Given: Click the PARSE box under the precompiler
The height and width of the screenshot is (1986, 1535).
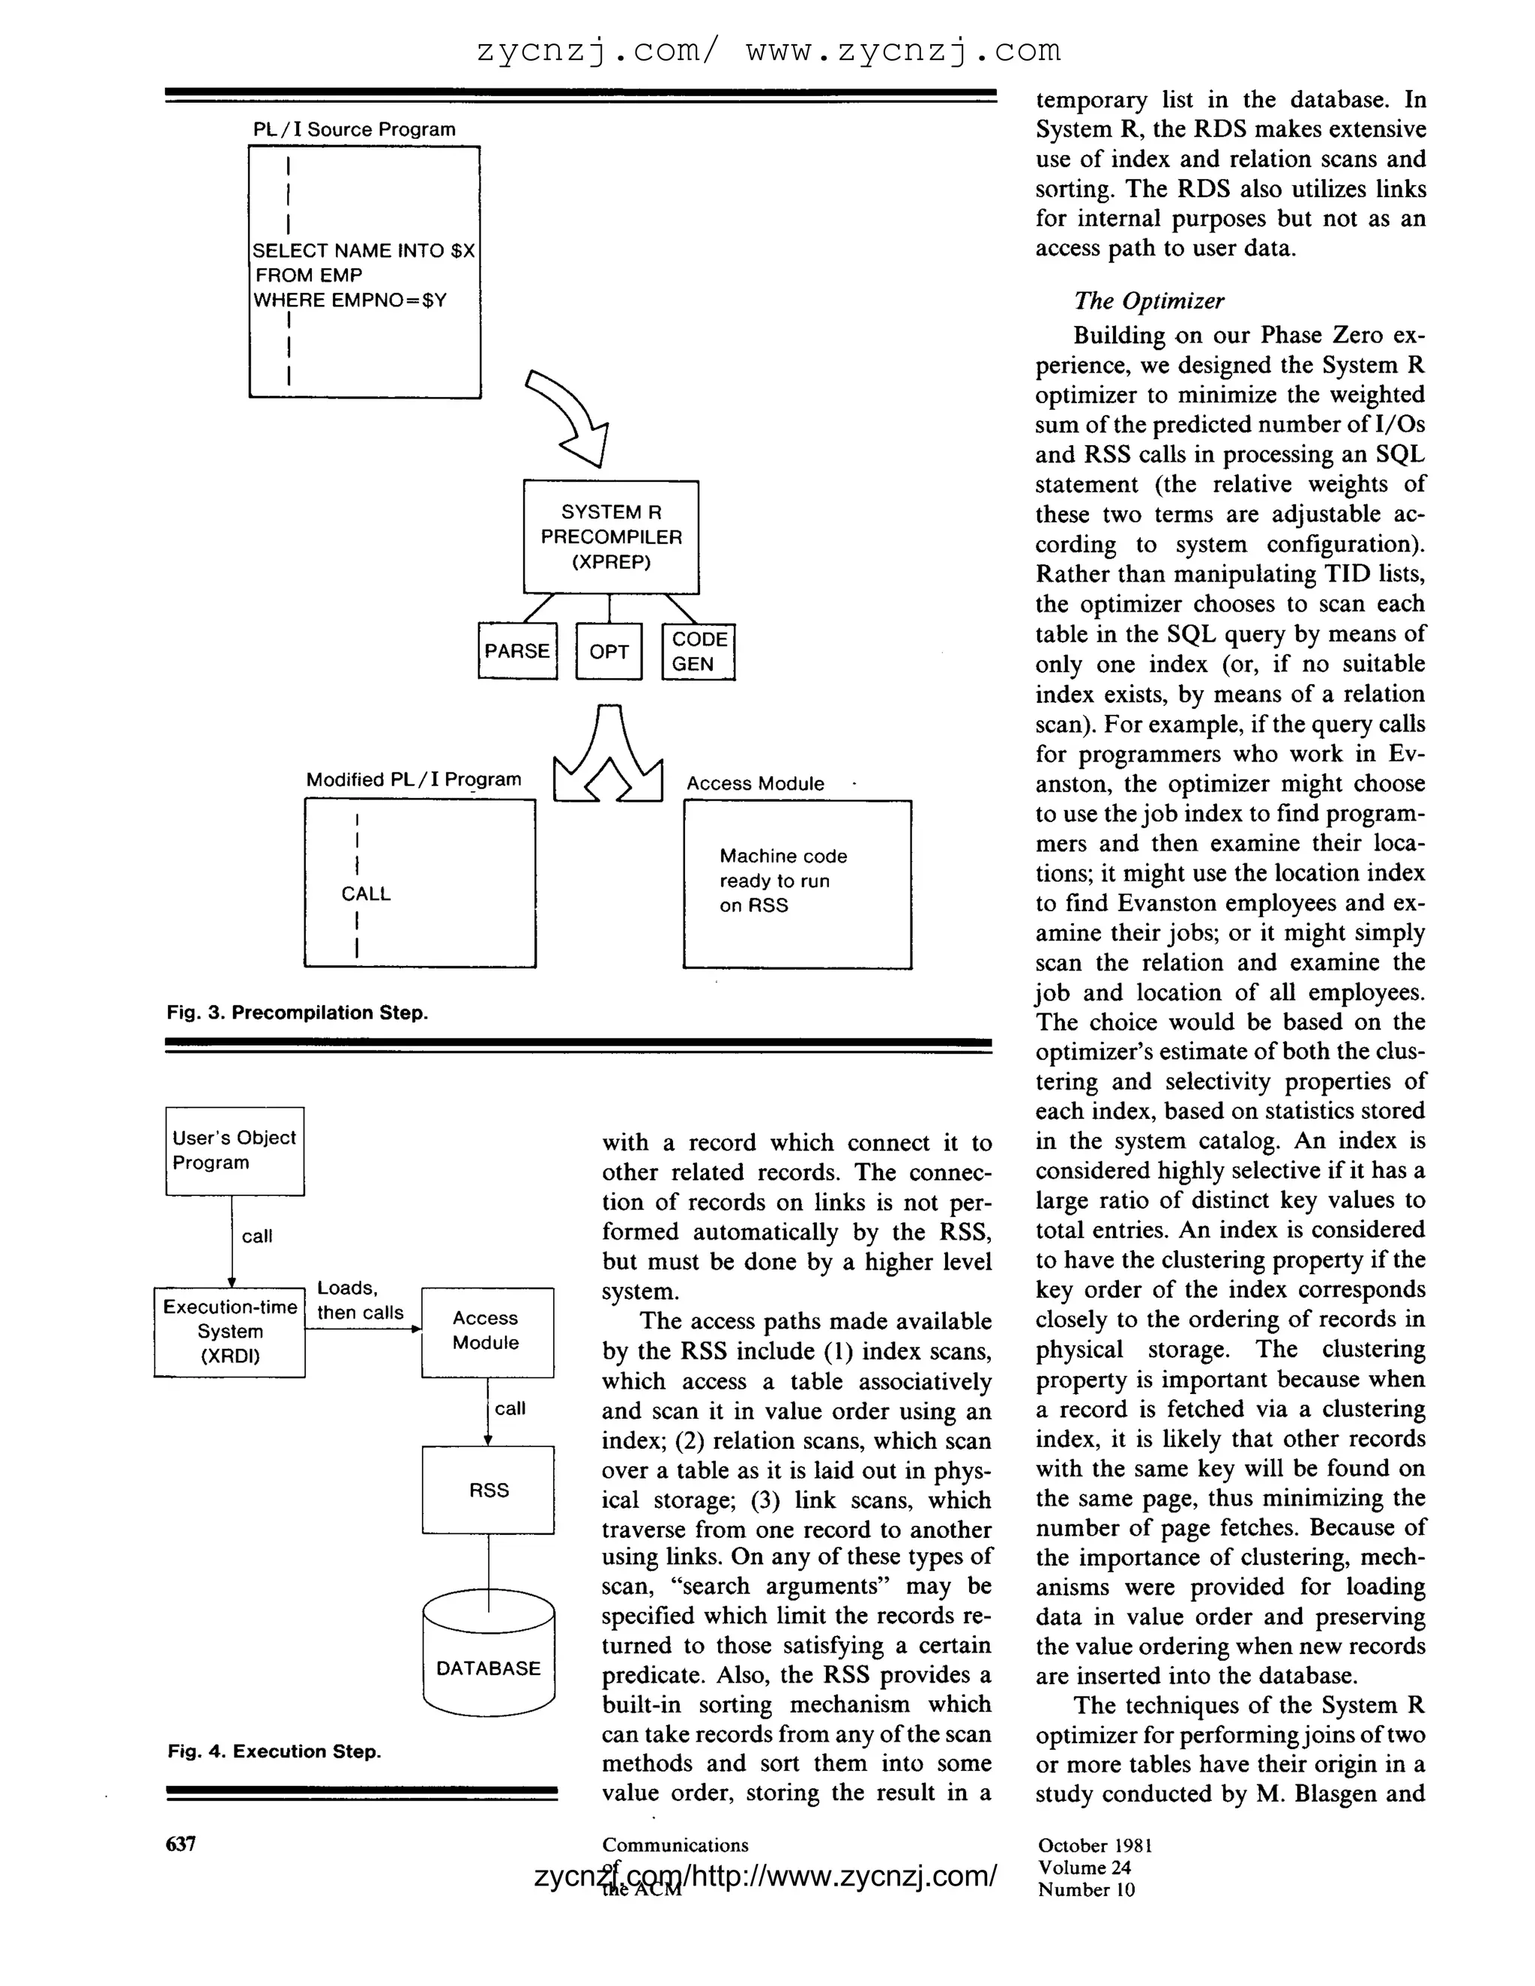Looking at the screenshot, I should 517,651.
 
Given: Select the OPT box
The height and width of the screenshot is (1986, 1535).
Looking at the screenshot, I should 609,651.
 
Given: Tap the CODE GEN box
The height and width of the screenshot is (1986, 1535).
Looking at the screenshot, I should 699,651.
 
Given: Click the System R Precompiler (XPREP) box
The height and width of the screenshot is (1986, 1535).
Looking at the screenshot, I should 611,537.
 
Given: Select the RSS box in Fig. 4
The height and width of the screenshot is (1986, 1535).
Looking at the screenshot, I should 489,1491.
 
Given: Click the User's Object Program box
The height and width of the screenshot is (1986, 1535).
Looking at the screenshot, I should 235,1150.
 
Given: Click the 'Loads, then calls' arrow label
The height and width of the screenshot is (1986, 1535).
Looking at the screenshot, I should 360,1300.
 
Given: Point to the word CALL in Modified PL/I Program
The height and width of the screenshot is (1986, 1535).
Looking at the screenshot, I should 366,894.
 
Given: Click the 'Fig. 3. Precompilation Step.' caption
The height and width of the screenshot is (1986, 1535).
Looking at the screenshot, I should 298,1013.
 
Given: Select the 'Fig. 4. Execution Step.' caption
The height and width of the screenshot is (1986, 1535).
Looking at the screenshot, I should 274,1751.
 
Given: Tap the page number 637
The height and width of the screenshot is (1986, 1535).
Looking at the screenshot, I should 181,1844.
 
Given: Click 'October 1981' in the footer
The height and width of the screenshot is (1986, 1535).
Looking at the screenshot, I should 1095,1845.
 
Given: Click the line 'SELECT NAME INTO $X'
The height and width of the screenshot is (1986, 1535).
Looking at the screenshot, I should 364,251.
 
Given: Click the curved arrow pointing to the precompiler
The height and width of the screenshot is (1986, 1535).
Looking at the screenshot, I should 571,414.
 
